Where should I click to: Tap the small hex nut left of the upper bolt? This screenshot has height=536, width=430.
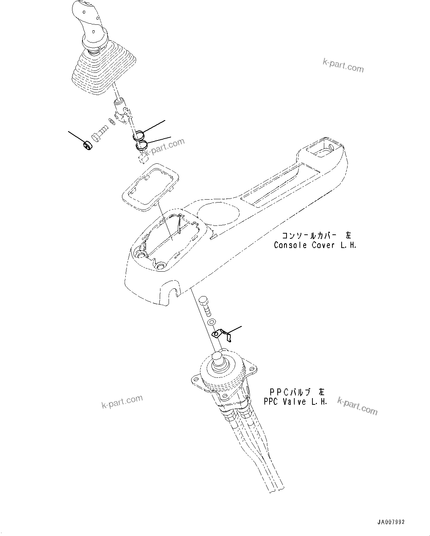click(x=87, y=145)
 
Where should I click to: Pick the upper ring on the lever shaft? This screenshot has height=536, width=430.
click(x=139, y=136)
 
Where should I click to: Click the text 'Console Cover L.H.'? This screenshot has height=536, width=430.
click(x=315, y=245)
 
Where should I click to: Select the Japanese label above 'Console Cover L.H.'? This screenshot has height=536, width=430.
click(x=316, y=235)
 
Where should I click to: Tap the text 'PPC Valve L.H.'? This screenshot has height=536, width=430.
click(x=295, y=402)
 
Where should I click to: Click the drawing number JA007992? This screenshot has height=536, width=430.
click(x=391, y=522)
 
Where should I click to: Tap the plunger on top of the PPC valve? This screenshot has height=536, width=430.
click(x=218, y=359)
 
